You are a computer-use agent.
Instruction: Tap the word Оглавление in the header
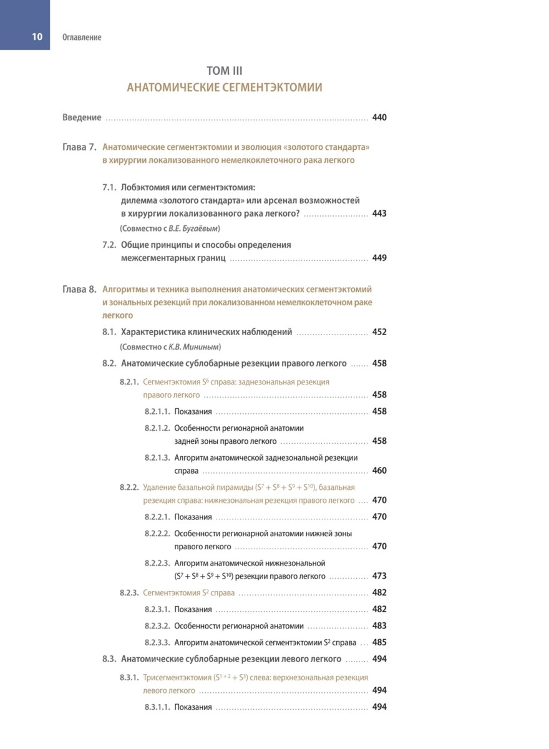point(82,37)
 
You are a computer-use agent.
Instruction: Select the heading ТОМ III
point(225,72)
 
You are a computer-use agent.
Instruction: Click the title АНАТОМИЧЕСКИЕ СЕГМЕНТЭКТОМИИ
point(225,87)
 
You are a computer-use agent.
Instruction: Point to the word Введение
point(82,117)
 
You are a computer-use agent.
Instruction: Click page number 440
point(379,117)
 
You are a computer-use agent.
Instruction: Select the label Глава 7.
point(79,148)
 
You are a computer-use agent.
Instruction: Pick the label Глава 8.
point(79,290)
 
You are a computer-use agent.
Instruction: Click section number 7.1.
point(109,187)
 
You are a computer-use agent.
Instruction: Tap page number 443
point(379,213)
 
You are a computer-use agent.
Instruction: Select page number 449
point(379,258)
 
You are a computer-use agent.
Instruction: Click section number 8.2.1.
point(129,381)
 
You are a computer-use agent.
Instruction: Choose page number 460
point(379,471)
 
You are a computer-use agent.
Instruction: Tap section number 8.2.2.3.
point(157,563)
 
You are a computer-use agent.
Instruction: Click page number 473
point(379,575)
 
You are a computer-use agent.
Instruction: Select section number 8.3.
point(109,658)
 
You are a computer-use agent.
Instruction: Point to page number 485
point(379,642)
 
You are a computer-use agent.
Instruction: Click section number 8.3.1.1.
point(157,707)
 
